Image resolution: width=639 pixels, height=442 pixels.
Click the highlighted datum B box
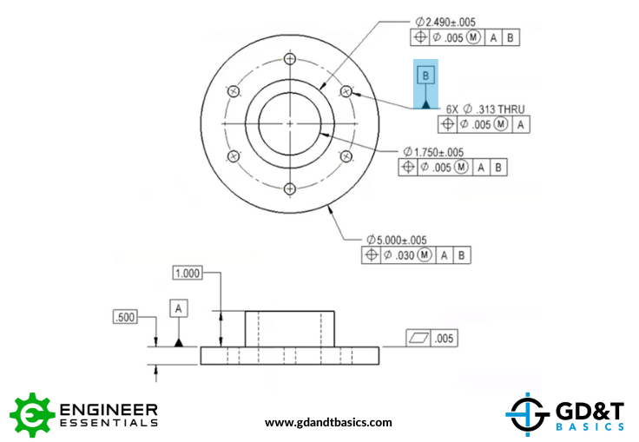tap(425, 76)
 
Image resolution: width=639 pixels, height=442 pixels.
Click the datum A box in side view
tap(179, 308)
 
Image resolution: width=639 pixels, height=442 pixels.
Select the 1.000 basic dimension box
tap(188, 273)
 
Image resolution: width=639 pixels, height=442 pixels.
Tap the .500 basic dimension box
tap(125, 317)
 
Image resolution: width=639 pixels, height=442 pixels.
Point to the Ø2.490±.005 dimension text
tap(445, 22)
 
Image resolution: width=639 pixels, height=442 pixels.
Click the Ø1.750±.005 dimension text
tap(433, 152)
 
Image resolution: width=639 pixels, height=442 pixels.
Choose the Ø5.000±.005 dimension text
tap(397, 240)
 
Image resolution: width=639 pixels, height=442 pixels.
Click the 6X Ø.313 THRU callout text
tap(485, 109)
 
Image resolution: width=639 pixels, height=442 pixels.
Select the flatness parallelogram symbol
tap(418, 338)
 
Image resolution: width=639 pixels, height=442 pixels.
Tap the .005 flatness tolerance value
tap(444, 339)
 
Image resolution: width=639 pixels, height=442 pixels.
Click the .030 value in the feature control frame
tap(405, 255)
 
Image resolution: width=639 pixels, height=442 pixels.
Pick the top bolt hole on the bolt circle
tap(290, 59)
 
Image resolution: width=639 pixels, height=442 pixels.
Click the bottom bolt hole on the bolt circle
tap(290, 188)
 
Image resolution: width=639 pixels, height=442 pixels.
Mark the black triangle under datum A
tap(179, 342)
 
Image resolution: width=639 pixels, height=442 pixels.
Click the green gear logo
tap(32, 415)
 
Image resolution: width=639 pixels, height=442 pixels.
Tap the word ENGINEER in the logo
tap(109, 409)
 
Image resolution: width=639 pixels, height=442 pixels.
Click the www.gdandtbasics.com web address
tap(328, 422)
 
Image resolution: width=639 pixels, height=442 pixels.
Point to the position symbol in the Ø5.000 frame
tap(372, 254)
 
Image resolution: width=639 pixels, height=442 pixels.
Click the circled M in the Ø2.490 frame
tap(473, 37)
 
